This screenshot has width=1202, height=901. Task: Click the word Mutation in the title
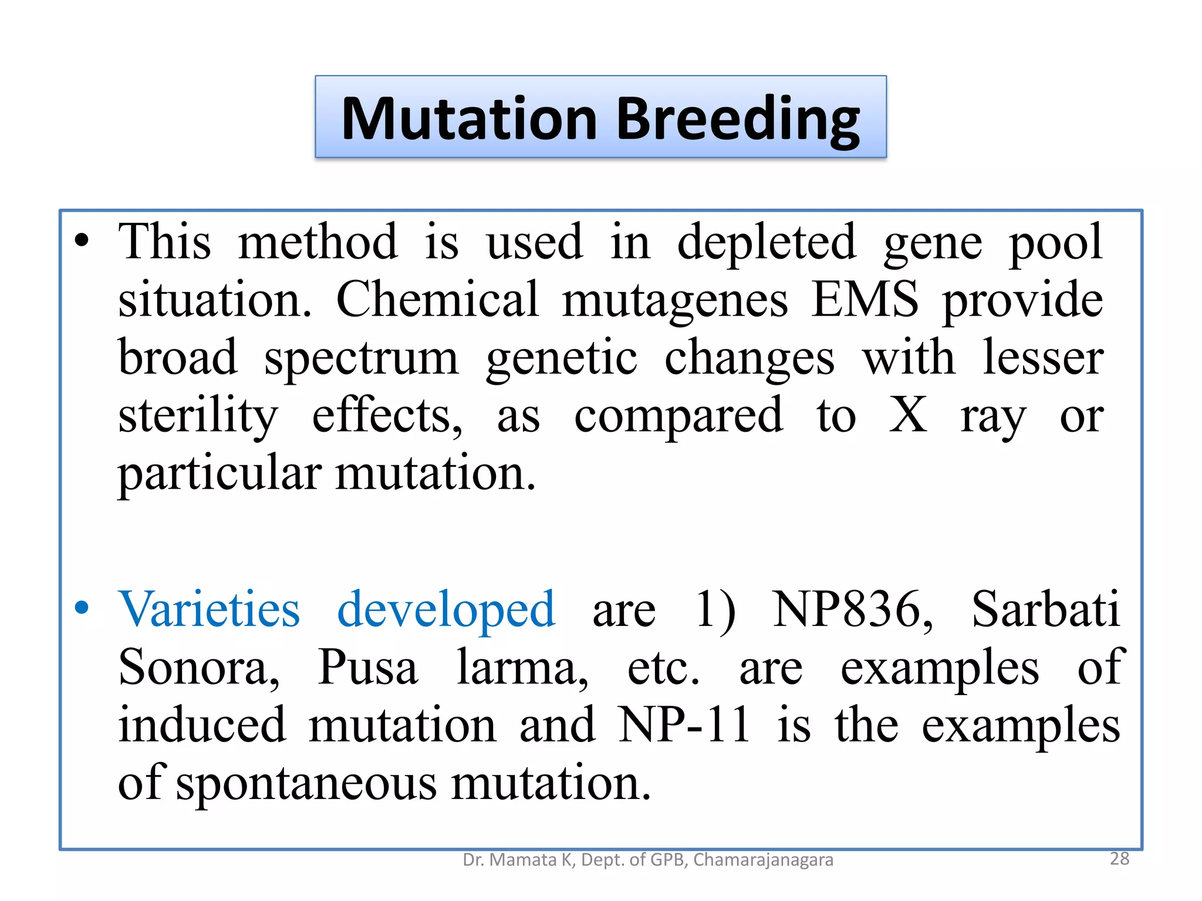point(469,119)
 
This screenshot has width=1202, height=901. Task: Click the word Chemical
point(437,299)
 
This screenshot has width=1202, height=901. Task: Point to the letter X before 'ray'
point(907,415)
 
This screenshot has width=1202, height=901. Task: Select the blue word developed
point(446,610)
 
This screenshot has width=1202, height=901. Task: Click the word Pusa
point(367,668)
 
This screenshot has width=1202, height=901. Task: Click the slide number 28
point(1119,859)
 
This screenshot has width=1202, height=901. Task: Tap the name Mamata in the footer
point(524,860)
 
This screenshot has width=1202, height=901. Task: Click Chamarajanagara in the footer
point(763,860)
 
